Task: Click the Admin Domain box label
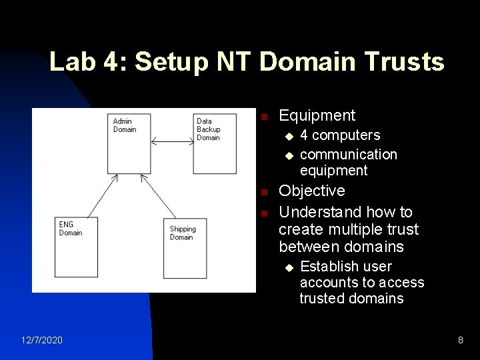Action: tap(124, 125)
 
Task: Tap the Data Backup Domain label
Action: tap(208, 129)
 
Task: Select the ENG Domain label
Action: tap(70, 229)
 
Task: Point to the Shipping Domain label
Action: tap(182, 233)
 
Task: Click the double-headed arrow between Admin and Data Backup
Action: tap(172, 141)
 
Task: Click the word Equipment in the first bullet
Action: tap(317, 115)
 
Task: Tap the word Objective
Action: tap(311, 191)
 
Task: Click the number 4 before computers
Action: tap(304, 135)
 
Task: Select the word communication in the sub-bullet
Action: tap(348, 154)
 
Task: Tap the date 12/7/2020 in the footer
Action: tap(41, 341)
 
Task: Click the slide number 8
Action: tap(460, 341)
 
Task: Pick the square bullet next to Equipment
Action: tap(264, 117)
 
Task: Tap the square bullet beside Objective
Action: tap(264, 193)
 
